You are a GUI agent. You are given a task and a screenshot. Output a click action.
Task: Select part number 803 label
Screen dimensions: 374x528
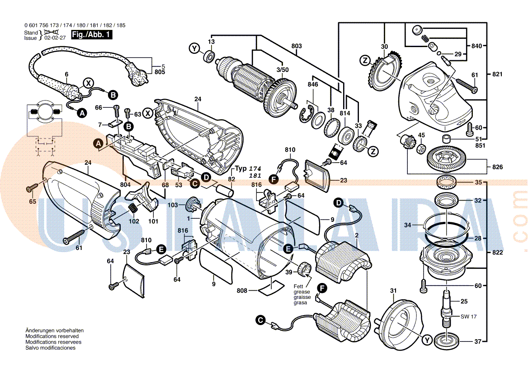point(297,46)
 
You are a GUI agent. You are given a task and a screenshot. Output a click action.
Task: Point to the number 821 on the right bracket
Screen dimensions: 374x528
point(497,74)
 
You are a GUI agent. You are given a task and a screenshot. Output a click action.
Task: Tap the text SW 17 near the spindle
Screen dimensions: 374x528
point(469,316)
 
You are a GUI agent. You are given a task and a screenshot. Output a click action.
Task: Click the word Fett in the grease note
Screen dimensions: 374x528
point(298,286)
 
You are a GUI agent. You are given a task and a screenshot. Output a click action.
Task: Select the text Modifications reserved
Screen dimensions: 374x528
point(52,336)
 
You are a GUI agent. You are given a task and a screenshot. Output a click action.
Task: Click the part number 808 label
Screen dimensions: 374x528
point(242,291)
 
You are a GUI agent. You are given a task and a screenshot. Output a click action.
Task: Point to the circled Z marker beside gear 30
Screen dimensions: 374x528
point(365,60)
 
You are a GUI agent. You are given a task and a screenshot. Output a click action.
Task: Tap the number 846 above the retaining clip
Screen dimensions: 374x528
point(313,85)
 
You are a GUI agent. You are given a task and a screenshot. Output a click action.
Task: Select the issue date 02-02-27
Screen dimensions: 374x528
point(55,38)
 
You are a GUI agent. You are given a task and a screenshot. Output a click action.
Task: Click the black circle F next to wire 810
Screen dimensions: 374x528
point(273,180)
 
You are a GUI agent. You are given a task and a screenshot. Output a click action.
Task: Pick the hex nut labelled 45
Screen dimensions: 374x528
point(420,148)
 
